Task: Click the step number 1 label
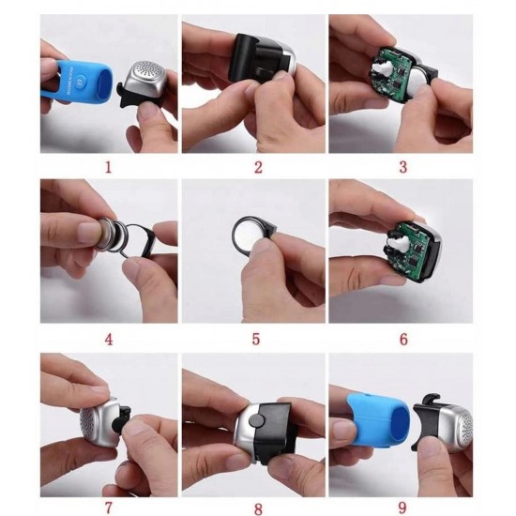click(108, 168)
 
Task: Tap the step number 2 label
click(256, 168)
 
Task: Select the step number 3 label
click(402, 168)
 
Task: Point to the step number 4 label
click(108, 339)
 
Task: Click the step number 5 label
click(256, 339)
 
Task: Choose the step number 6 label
click(402, 339)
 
